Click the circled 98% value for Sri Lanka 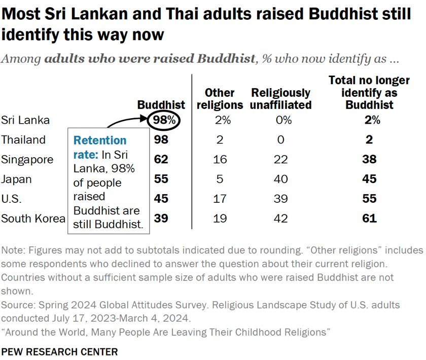[x=161, y=120]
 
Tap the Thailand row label [x=23, y=140]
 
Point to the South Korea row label [x=33, y=219]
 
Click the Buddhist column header [x=161, y=105]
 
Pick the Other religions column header [x=219, y=99]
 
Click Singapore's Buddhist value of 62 [x=161, y=160]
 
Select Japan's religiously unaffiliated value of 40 [x=280, y=179]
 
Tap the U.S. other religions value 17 [x=220, y=199]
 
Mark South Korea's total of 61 [x=369, y=219]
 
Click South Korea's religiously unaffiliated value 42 [x=280, y=219]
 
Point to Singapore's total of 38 [x=369, y=160]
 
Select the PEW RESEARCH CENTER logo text [x=59, y=351]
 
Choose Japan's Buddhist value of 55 [x=161, y=179]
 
